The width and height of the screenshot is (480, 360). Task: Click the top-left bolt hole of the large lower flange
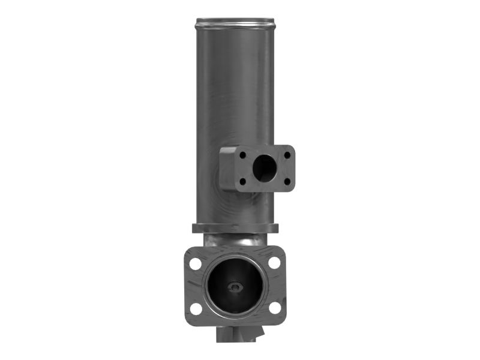tap(196, 263)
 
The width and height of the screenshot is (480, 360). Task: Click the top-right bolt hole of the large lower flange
tap(274, 263)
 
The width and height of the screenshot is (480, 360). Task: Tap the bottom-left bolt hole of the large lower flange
tap(196, 308)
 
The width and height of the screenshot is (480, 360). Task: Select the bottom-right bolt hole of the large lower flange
tap(274, 308)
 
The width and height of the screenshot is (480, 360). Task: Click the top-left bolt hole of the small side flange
tap(242, 155)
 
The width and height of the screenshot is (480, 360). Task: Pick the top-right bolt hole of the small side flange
tap(287, 155)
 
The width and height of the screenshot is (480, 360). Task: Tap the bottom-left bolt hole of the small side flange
tap(242, 181)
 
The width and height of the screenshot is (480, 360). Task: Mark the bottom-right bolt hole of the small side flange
tap(287, 181)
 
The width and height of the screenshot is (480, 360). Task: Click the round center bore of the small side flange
tap(264, 168)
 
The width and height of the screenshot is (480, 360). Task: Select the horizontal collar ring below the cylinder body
tap(235, 229)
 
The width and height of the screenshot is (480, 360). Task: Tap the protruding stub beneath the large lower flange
tap(237, 334)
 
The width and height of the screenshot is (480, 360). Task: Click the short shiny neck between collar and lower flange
tap(234, 240)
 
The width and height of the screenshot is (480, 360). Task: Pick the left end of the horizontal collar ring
tap(195, 229)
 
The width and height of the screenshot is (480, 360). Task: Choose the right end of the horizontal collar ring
tap(276, 229)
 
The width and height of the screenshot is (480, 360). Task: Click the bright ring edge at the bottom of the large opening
tap(235, 313)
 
